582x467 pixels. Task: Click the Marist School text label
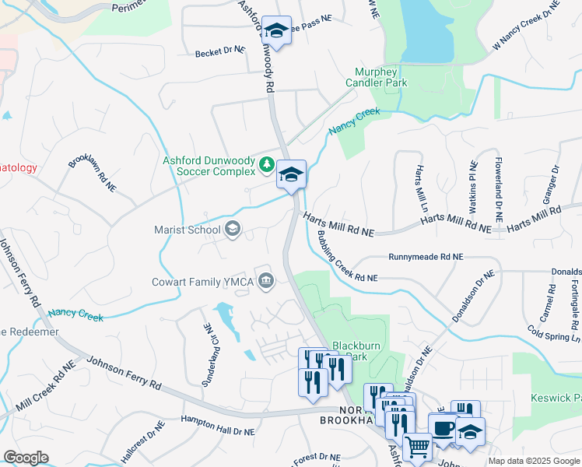coord(187,230)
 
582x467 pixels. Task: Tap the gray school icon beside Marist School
coord(232,230)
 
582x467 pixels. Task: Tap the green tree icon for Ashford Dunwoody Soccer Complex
coord(266,164)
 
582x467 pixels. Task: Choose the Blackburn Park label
coord(359,351)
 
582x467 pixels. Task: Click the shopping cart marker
coord(418,448)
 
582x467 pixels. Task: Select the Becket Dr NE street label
coord(219,49)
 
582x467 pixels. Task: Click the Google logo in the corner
coord(26,458)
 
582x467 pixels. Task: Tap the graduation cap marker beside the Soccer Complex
coord(291,174)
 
